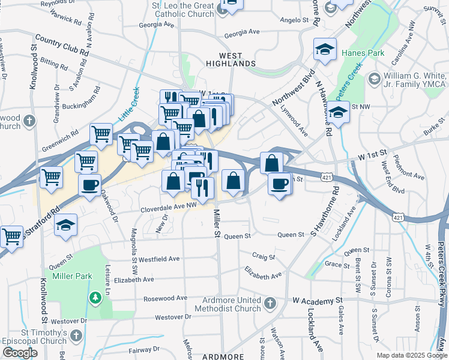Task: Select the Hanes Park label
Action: point(363,53)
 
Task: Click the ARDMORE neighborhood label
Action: point(223,356)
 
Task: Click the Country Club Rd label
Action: point(62,46)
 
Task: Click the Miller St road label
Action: point(217,223)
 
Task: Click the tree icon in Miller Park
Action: point(94,297)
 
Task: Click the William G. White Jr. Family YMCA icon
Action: point(374,79)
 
